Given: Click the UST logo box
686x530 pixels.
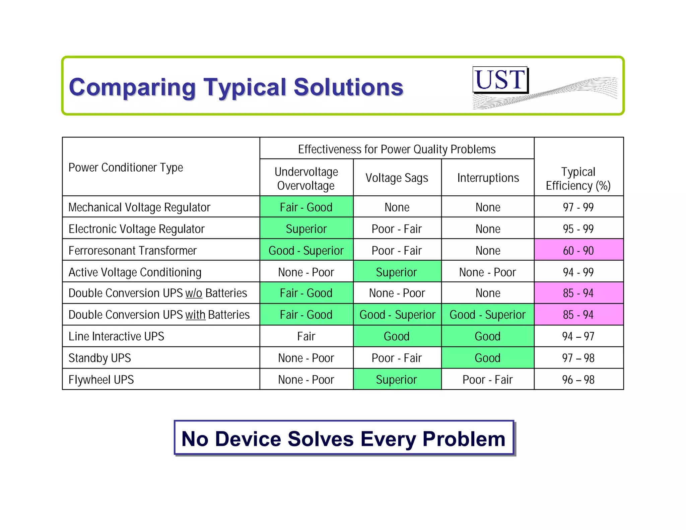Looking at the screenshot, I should coord(500,80).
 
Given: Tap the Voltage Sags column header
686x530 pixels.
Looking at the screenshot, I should coord(397,178).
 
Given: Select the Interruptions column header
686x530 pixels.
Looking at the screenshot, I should coord(488,178).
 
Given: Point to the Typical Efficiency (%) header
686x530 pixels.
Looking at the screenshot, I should coord(578,179).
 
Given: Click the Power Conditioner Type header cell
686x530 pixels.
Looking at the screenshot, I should coord(126,167).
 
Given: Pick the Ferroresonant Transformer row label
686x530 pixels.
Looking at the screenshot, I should coord(132,251).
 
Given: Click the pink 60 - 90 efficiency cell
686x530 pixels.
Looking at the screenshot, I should coord(578,251).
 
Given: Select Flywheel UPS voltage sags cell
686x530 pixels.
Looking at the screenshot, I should coord(397,380).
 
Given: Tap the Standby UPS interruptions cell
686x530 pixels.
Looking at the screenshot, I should coord(487,358).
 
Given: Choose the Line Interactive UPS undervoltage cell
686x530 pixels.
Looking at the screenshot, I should coord(306,336).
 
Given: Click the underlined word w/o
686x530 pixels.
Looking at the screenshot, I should coord(194,293).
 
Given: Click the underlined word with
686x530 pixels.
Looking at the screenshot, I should coord(195,315).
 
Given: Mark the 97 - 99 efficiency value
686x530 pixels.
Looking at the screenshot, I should coord(578,207).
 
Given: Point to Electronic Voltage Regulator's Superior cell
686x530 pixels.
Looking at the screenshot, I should coord(306,229).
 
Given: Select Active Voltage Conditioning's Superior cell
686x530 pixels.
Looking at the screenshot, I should coord(397,272).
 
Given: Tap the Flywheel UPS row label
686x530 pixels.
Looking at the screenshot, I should coord(101,380).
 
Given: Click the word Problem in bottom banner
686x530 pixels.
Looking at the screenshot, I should coord(464,439).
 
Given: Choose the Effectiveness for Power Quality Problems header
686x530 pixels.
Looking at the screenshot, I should coord(397,149).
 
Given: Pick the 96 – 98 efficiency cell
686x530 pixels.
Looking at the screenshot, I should coord(578,380).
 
